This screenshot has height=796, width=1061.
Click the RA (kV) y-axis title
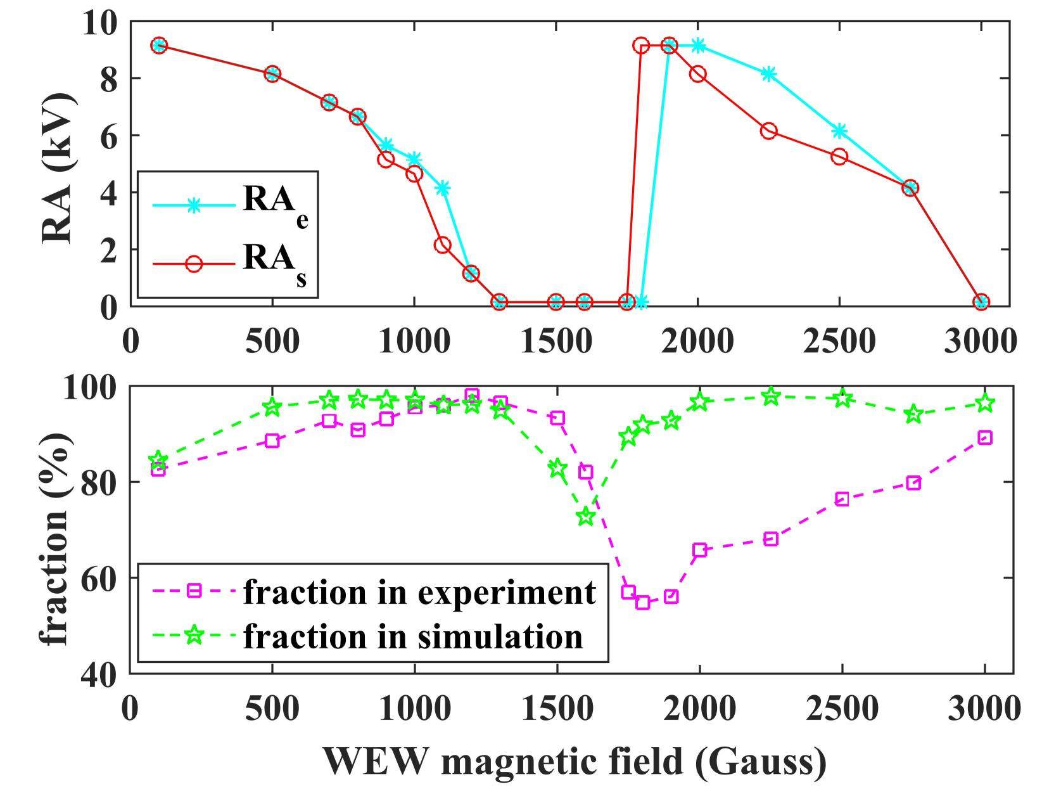(58, 169)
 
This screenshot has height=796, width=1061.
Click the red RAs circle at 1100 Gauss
(443, 245)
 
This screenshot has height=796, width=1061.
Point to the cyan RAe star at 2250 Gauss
(768, 74)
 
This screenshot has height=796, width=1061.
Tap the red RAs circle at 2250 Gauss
(768, 131)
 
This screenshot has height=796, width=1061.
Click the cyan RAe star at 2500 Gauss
(839, 131)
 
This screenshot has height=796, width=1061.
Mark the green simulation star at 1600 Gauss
(586, 517)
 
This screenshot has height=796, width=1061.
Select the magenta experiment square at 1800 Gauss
(643, 602)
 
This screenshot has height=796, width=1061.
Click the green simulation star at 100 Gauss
(158, 460)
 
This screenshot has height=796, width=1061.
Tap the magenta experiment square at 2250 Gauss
(771, 539)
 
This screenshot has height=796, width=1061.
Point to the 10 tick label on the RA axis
(99, 24)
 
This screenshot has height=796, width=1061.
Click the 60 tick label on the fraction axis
(99, 579)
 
